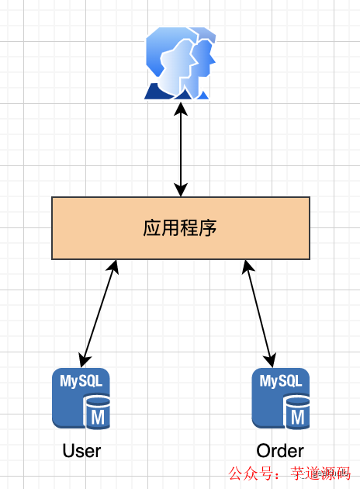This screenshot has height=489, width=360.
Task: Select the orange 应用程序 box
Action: (180, 227)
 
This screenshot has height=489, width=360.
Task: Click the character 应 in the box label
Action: (153, 227)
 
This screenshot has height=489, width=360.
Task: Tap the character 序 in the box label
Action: (207, 227)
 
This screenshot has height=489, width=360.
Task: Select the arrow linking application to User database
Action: (99, 314)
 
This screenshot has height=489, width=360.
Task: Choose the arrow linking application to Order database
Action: (259, 314)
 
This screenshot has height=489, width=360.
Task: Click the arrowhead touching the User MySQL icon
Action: (84, 360)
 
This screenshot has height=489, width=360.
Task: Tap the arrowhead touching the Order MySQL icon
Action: (272, 360)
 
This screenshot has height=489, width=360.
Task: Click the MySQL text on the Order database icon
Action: (280, 381)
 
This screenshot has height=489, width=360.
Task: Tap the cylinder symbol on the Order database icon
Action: (296, 412)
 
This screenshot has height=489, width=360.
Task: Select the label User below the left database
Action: (81, 451)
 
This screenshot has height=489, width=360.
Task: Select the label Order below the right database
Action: (280, 451)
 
